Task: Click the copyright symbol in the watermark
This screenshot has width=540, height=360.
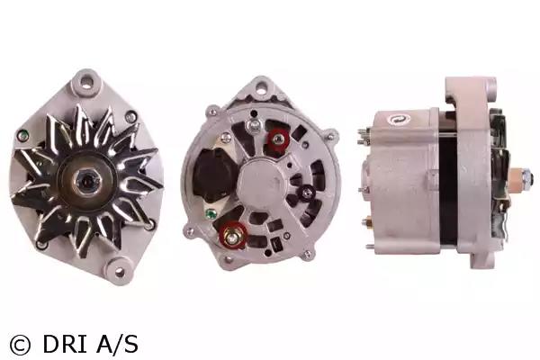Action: pyautogui.click(x=20, y=345)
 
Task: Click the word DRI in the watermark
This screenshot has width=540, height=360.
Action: pyautogui.click(x=64, y=344)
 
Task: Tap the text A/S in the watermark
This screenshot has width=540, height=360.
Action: pyautogui.click(x=117, y=344)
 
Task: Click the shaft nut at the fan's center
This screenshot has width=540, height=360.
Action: pyautogui.click(x=85, y=180)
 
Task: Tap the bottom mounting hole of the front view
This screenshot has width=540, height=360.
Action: pyautogui.click(x=119, y=272)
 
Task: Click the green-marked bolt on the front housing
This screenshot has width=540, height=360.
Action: pyautogui.click(x=22, y=135)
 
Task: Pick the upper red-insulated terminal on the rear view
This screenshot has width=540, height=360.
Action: pyautogui.click(x=277, y=139)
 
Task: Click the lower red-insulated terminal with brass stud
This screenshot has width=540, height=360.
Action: pyautogui.click(x=233, y=235)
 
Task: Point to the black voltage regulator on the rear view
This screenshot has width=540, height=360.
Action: pyautogui.click(x=210, y=175)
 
